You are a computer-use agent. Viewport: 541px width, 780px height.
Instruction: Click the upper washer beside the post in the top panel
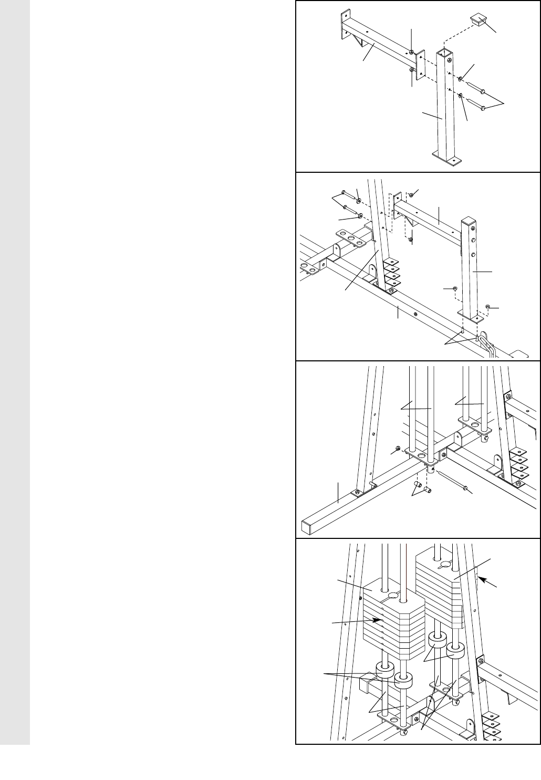pos(460,79)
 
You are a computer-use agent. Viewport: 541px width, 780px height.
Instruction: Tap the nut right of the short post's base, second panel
pos(488,306)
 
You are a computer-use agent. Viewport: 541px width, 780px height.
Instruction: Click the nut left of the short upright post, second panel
pos(454,289)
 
